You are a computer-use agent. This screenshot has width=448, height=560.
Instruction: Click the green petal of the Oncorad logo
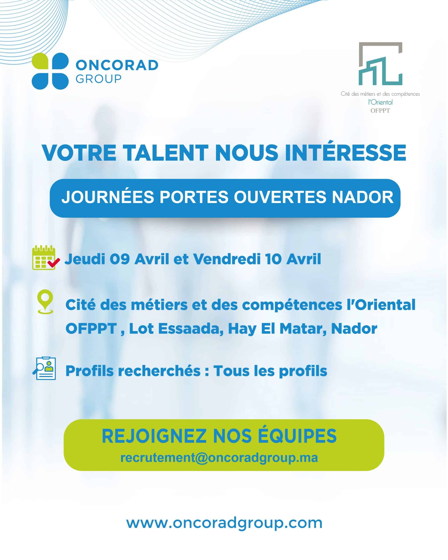click(x=40, y=61)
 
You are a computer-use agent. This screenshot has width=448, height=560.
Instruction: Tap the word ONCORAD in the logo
click(x=117, y=65)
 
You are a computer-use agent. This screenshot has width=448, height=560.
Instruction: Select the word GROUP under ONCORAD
click(x=98, y=79)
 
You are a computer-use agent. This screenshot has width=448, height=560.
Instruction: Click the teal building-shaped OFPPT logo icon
click(x=380, y=64)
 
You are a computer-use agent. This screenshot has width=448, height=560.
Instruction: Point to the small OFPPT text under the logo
click(x=380, y=111)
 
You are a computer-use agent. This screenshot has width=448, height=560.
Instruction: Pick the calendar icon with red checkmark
click(x=45, y=257)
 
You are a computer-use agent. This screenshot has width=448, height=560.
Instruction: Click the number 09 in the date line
click(x=119, y=259)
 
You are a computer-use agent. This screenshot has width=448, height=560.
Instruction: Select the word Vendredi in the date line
click(x=226, y=259)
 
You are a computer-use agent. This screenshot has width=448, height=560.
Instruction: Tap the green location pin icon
click(x=45, y=302)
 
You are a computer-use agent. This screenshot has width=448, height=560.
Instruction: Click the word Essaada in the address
click(x=191, y=329)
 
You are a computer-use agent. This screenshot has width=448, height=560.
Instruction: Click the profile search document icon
click(x=44, y=368)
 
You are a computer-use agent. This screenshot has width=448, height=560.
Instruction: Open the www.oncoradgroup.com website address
click(x=224, y=523)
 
